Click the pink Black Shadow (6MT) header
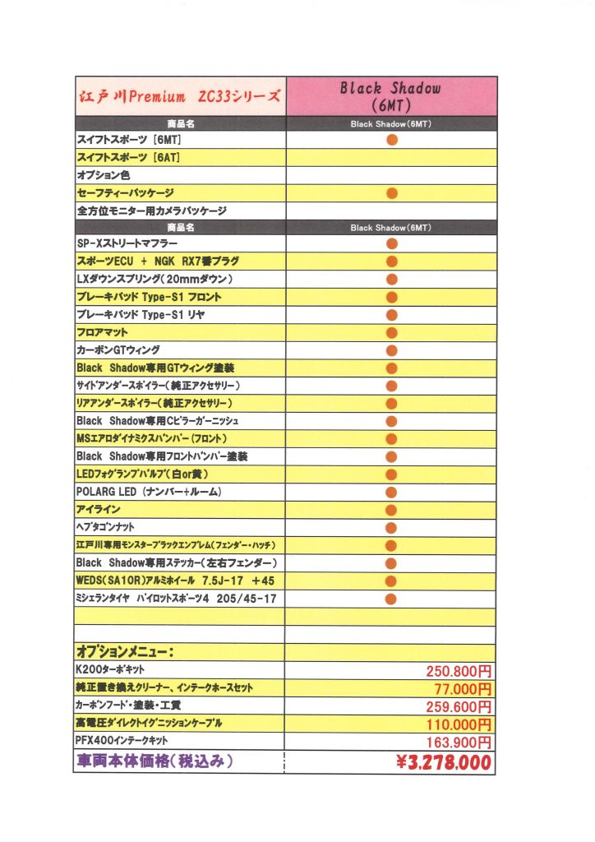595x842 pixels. pyautogui.click(x=391, y=96)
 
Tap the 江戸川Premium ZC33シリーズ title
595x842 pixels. pyautogui.click(x=180, y=96)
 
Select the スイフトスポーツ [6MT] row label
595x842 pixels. pyautogui.click(x=123, y=140)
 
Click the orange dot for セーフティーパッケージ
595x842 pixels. pyautogui.click(x=391, y=193)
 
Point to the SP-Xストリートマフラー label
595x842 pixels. pyautogui.click(x=127, y=243)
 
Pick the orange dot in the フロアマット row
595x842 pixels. pyautogui.click(x=391, y=332)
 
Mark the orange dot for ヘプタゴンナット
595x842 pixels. pyautogui.click(x=391, y=527)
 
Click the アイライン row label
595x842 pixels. pyautogui.click(x=98, y=510)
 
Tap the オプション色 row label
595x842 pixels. pyautogui.click(x=104, y=175)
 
